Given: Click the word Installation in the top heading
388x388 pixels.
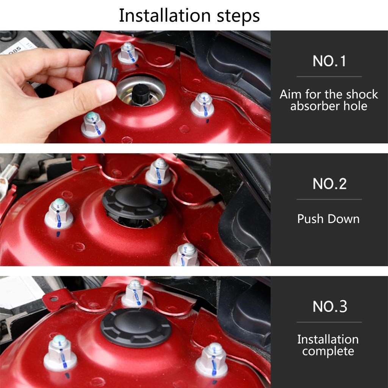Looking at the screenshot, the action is tap(164, 16).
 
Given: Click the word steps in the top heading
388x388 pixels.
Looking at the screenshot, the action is tap(238, 16).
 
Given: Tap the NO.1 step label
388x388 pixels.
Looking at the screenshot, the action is tap(329, 61).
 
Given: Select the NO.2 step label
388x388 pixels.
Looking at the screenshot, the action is tap(330, 184).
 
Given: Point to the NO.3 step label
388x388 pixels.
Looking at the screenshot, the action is tap(330, 307).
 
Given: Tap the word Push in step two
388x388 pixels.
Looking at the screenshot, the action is tap(311, 219).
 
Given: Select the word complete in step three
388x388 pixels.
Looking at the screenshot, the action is tap(328, 351).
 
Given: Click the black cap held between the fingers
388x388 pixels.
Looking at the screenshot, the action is tap(100, 64).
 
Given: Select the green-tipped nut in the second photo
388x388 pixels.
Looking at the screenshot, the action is tap(59, 213).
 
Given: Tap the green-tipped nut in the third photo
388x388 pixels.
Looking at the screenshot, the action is tap(60, 353).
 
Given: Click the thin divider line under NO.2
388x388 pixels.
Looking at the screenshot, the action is tap(329, 199).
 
